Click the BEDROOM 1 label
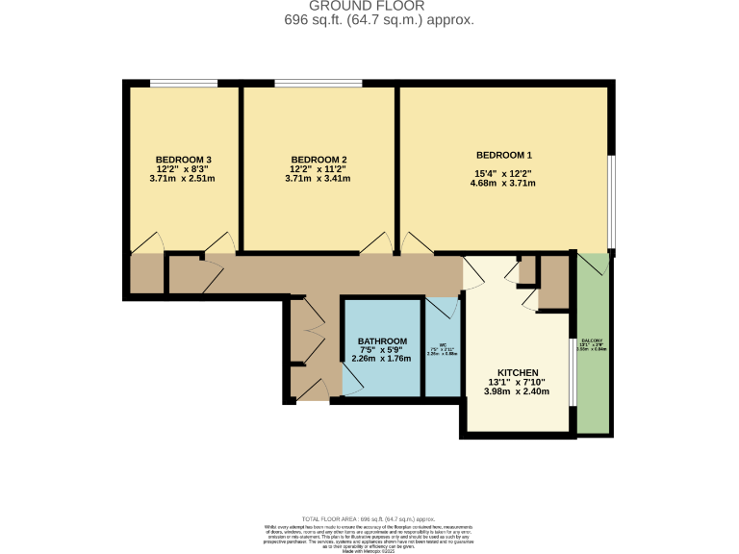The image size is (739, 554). tap(503, 155)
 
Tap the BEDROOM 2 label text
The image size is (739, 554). tap(319, 160)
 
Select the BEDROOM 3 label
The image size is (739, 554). tap(183, 160)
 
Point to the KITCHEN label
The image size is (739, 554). tap(517, 373)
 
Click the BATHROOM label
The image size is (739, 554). tap(382, 341)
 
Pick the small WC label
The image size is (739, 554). tap(444, 344)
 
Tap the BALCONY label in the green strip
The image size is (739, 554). tap(591, 341)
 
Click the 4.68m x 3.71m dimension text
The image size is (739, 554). tap(503, 184)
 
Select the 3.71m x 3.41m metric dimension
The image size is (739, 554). tap(319, 179)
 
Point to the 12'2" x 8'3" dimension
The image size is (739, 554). tap(183, 169)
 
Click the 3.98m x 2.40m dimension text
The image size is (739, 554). tap(517, 392)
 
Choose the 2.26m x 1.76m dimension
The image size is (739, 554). tap(382, 360)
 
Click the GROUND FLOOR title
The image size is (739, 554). tap(369, 6)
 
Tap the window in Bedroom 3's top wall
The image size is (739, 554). tap(183, 84)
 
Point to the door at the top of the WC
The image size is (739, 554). tap(440, 307)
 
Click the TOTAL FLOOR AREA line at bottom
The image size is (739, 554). tap(369, 517)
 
